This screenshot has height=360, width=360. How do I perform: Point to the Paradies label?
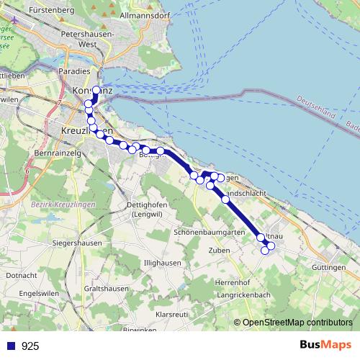click(x=75, y=71)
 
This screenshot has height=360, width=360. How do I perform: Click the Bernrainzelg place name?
click(x=57, y=154)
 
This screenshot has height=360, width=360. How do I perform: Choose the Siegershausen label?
click(x=76, y=243)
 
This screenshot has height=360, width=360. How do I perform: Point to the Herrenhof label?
click(x=232, y=282)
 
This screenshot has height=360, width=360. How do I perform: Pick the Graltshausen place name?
click(x=106, y=288)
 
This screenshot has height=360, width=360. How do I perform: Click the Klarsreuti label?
click(x=171, y=315)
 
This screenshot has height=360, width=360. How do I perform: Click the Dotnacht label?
click(x=21, y=275)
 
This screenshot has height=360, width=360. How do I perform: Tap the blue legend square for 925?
click(x=11, y=346)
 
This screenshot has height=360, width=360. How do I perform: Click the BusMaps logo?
click(x=325, y=345)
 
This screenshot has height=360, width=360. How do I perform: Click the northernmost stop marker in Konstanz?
click(x=96, y=91)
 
